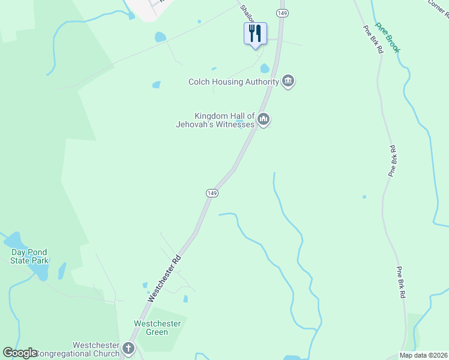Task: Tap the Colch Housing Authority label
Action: tap(233, 82)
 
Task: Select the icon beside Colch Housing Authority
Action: tap(288, 82)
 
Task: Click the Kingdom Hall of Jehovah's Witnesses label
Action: tap(224, 120)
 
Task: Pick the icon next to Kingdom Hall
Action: tap(263, 120)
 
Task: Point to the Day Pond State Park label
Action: tap(30, 256)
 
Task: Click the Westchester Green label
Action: tap(157, 328)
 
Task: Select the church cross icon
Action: tap(128, 348)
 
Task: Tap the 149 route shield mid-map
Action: tap(211, 193)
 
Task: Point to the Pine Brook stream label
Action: tap(387, 38)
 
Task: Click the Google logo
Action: tap(20, 353)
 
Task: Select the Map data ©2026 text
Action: tap(423, 355)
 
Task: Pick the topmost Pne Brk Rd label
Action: tap(372, 40)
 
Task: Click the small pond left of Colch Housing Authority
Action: tap(156, 85)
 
